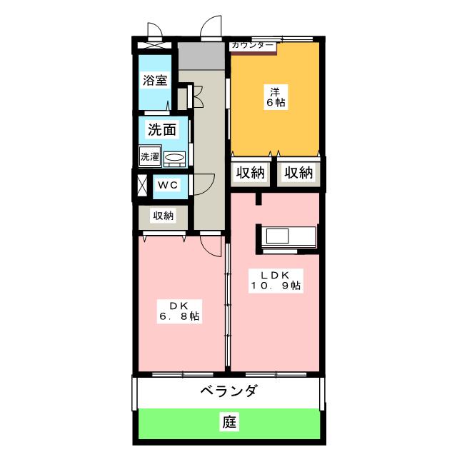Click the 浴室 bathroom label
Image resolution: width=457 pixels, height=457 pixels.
click(155, 80)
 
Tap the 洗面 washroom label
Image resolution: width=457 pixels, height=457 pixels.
click(162, 129)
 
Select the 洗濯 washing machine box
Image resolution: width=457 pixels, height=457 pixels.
click(150, 156)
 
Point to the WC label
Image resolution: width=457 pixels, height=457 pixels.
click(168, 185)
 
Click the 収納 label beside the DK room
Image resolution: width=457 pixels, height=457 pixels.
click(164, 216)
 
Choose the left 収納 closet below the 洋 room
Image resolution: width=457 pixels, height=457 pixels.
click(251, 173)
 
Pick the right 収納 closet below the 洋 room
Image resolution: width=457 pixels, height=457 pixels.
click(298, 173)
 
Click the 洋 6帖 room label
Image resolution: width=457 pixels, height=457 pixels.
click(276, 97)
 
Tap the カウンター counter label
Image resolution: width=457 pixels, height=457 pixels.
click(253, 45)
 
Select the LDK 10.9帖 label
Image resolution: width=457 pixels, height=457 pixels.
click(276, 281)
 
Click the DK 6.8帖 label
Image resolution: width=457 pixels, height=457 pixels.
click(179, 311)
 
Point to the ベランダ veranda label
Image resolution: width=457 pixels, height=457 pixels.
click(229, 391)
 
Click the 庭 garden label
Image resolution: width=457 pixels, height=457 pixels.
click(229, 422)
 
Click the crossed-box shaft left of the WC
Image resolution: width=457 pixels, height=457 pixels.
click(142, 185)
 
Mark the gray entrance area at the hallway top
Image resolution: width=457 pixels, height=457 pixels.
click(201, 56)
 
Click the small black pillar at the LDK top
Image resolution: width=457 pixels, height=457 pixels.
click(258, 199)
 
